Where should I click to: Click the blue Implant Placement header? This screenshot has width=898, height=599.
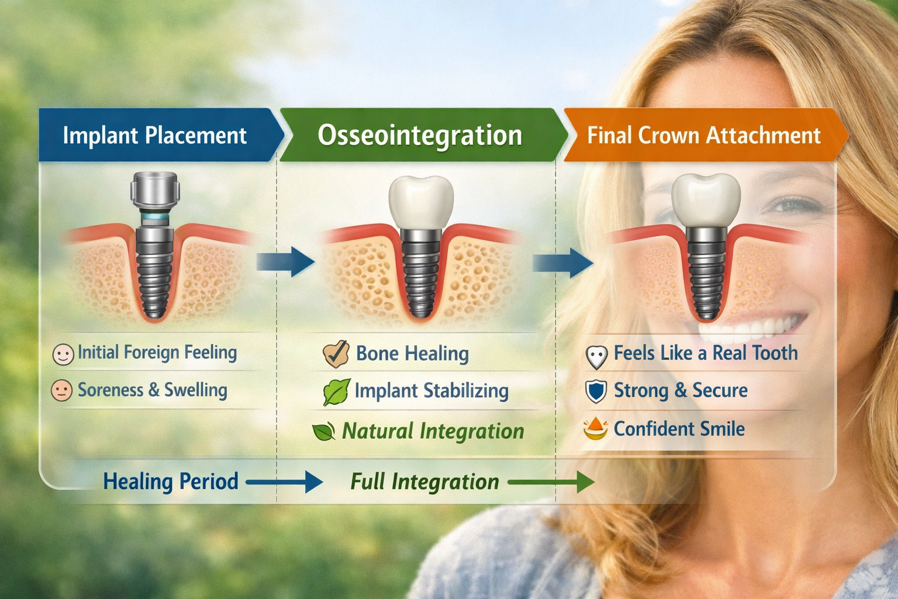click(x=155, y=135)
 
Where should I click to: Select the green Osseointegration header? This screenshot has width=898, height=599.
click(x=420, y=135)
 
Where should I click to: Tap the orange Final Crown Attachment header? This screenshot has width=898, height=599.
click(x=703, y=135)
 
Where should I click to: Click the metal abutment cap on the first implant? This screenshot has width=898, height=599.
click(x=154, y=191)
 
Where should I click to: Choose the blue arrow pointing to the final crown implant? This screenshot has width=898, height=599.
click(x=562, y=263)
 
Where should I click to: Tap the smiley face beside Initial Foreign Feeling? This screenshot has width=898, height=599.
click(x=63, y=354)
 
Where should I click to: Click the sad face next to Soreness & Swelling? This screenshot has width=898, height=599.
click(x=61, y=391)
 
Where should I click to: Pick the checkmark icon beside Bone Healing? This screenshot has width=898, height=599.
click(x=336, y=354)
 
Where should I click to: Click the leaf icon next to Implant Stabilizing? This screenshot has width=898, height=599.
click(x=337, y=392)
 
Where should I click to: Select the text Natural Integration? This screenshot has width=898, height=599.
click(x=433, y=431)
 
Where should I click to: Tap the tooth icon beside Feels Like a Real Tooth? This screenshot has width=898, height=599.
click(x=596, y=356)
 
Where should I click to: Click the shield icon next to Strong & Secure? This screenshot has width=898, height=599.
click(x=596, y=391)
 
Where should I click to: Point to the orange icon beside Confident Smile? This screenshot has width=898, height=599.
click(x=595, y=429)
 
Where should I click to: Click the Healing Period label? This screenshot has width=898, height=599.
click(x=171, y=481)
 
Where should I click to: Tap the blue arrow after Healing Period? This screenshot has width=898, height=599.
click(x=285, y=483)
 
